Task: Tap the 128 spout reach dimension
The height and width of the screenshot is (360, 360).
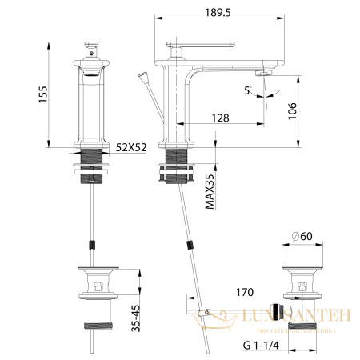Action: coord(221,118)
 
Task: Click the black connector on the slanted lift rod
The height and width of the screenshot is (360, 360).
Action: coord(190,244)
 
